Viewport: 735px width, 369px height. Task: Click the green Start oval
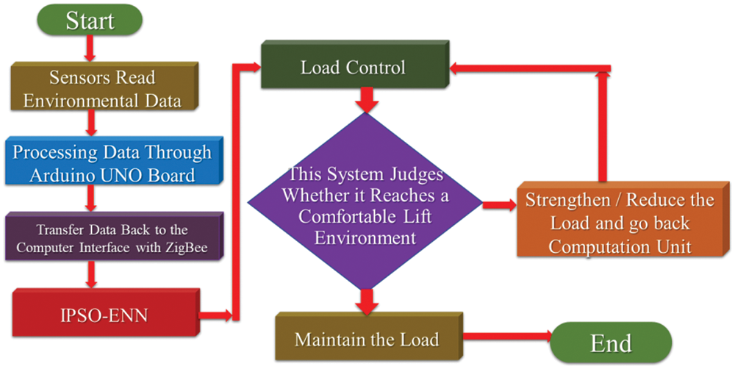tap(90, 20)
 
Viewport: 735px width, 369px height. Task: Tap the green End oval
tap(610, 343)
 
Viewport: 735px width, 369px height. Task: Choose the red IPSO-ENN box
tap(103, 315)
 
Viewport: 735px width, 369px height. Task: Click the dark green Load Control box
tap(353, 68)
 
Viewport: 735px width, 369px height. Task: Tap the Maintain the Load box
tap(366, 340)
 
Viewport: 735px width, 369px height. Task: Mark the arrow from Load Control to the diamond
tap(365, 101)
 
